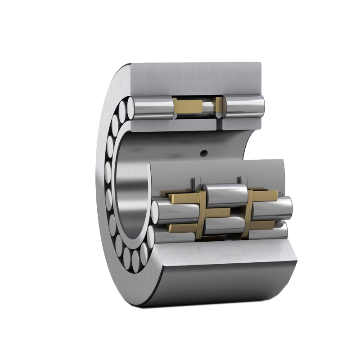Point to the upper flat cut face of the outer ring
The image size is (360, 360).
coord(196,79)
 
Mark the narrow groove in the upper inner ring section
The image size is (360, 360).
coord(219,107)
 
